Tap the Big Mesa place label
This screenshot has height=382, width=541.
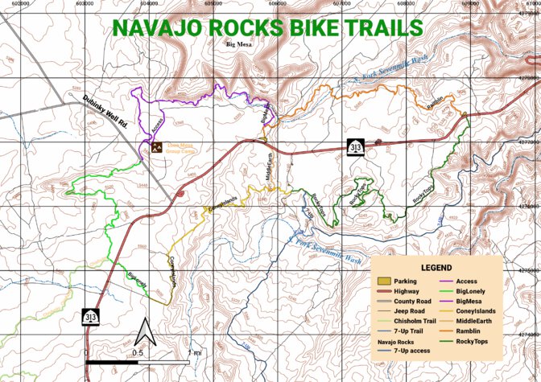[x=239, y=45]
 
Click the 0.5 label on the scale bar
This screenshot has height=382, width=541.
[x=138, y=352]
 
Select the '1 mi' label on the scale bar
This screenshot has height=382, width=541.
[x=194, y=352]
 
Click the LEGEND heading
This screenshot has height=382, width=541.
[x=436, y=267]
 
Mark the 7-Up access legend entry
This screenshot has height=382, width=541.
[x=412, y=351]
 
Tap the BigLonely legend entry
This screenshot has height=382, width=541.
[x=474, y=291]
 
